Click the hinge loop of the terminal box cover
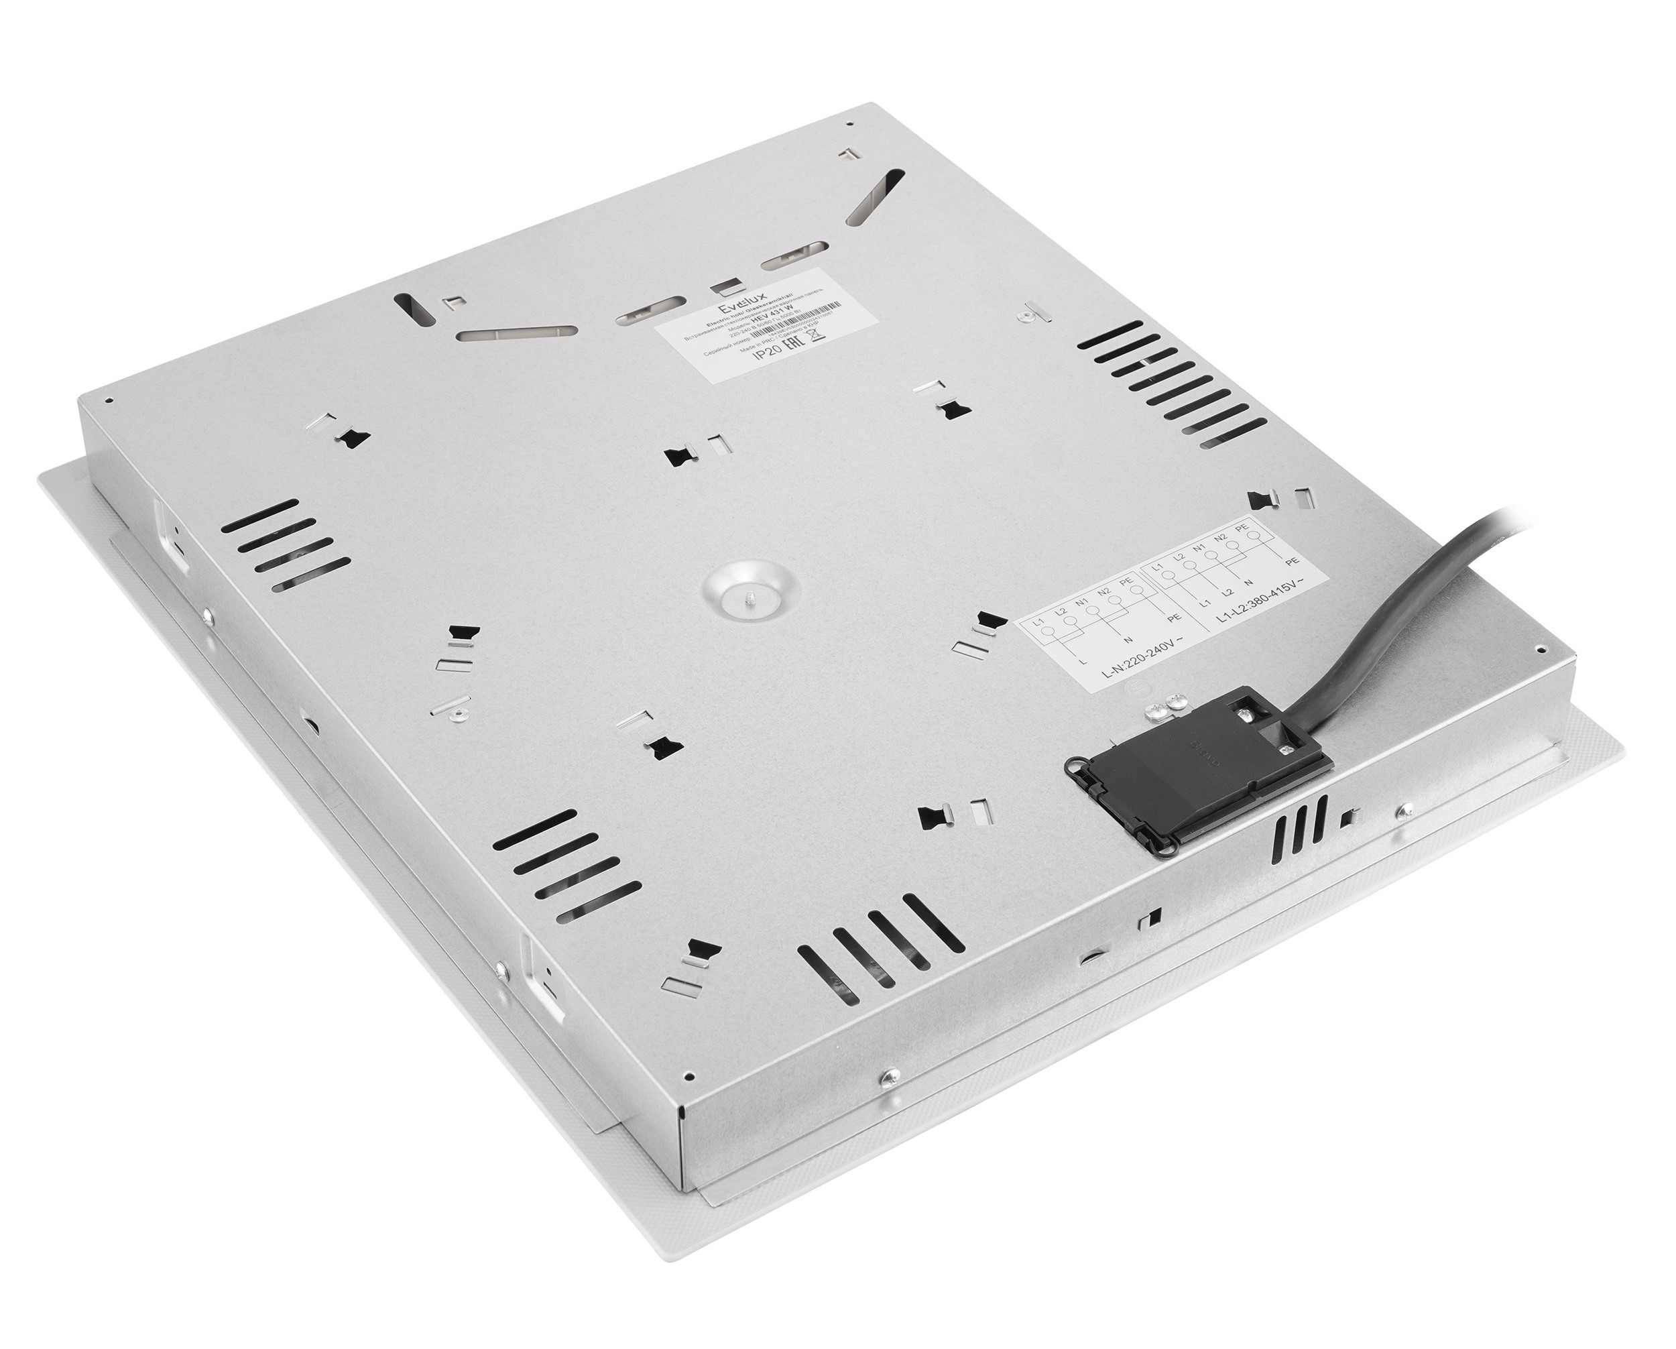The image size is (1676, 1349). [1077, 768]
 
